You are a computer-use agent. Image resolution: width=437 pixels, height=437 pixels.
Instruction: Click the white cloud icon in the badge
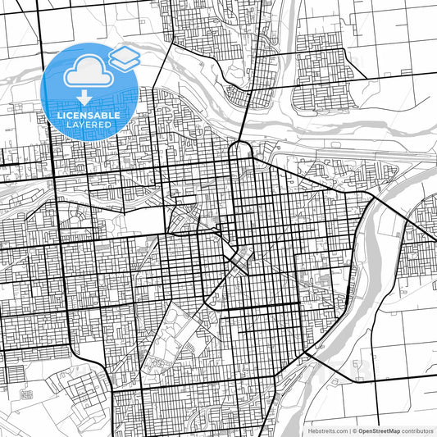tap(86, 74)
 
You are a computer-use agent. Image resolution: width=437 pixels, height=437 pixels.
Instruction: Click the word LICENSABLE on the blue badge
tap(89, 116)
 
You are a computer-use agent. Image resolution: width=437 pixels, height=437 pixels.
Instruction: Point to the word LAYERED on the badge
tap(89, 125)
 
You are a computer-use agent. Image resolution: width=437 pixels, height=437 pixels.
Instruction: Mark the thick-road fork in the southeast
tap(307, 353)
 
